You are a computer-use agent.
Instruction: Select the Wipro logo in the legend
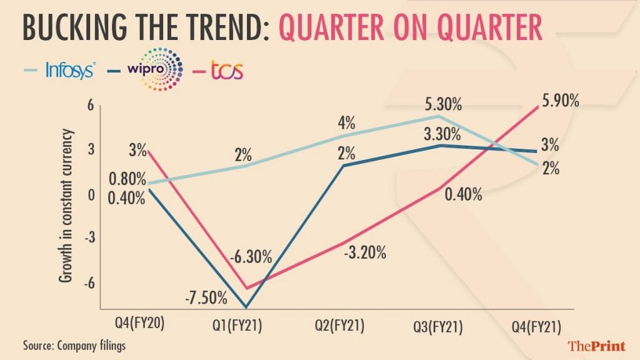pyautogui.click(x=156, y=67)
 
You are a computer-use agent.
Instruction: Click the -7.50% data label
pyautogui.click(x=206, y=298)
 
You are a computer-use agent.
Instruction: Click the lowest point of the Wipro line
pyautogui.click(x=245, y=307)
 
